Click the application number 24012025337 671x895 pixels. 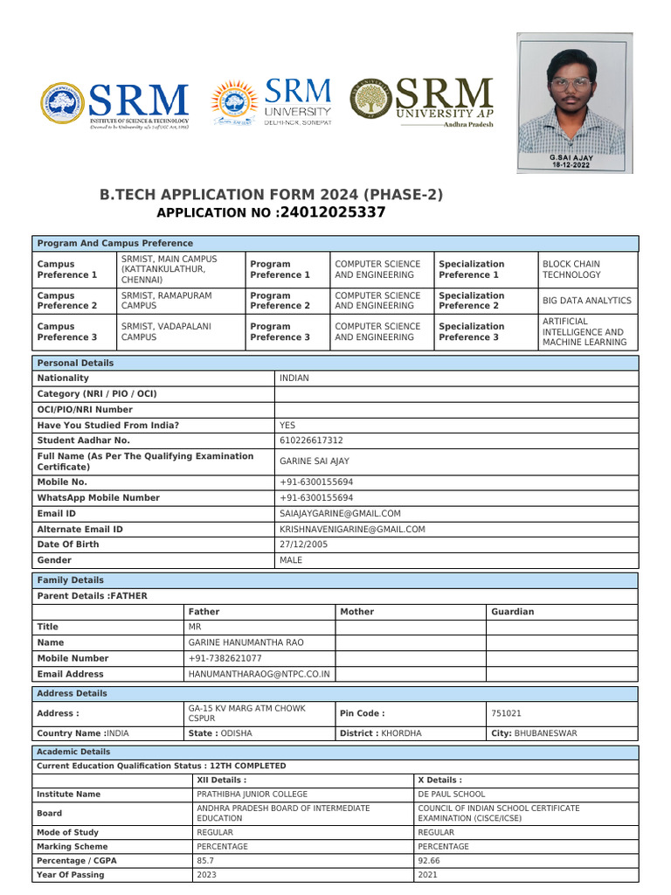330,212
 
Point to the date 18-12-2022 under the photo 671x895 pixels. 571,163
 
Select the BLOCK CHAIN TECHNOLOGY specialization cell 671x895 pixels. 571,269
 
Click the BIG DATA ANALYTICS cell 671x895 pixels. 586,301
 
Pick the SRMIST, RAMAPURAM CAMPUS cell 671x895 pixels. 166,301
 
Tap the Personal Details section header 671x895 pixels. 76,363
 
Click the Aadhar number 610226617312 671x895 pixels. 311,441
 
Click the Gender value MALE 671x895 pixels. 291,560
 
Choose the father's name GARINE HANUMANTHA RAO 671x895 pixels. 246,642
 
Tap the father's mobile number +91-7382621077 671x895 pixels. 225,658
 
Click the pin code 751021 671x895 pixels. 508,713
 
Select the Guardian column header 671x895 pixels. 513,612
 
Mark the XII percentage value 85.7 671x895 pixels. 206,861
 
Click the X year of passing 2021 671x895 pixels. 428,875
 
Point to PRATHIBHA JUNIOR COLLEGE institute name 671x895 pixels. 252,794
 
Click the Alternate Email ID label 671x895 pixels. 80,530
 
